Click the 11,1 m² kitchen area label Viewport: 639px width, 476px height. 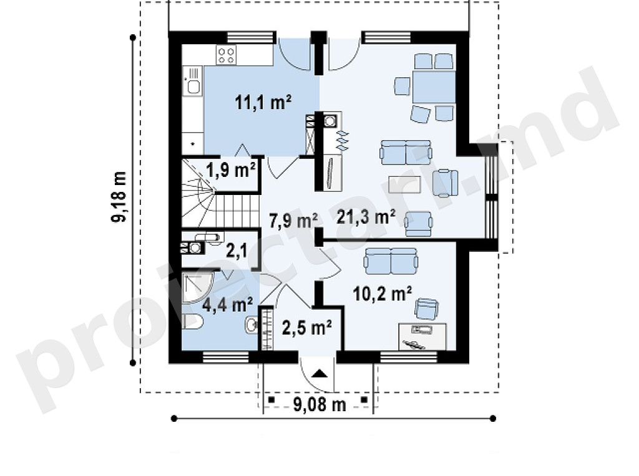(263, 102)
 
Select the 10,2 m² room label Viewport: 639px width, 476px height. (382, 293)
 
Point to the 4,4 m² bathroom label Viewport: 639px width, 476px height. (227, 303)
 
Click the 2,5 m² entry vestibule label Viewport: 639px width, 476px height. (306, 327)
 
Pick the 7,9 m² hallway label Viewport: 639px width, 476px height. (293, 221)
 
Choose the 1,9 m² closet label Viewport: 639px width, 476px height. (232, 169)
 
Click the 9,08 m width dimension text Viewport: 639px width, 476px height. (319, 404)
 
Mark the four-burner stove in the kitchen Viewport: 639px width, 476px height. (227, 55)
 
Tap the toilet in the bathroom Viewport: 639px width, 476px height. (192, 321)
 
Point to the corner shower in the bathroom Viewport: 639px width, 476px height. (197, 288)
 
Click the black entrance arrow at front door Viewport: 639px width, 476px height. (319, 373)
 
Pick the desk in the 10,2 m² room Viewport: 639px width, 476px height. (422, 336)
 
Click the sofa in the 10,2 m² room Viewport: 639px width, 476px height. (391, 261)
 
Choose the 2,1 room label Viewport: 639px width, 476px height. (237, 252)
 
